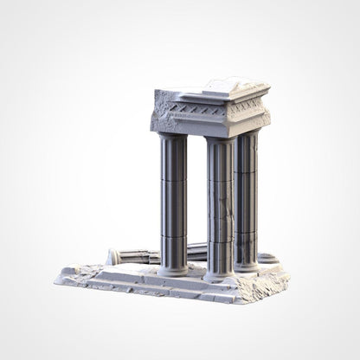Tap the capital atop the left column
coord(173,139)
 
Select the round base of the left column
coord(173,270)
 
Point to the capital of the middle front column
coord(219,143)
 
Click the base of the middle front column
coord(219,275)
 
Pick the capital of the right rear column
coord(247,136)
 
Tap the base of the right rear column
coord(247,264)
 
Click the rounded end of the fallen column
coord(112,256)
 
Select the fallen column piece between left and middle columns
coord(196,252)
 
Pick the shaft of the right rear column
coord(247,199)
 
